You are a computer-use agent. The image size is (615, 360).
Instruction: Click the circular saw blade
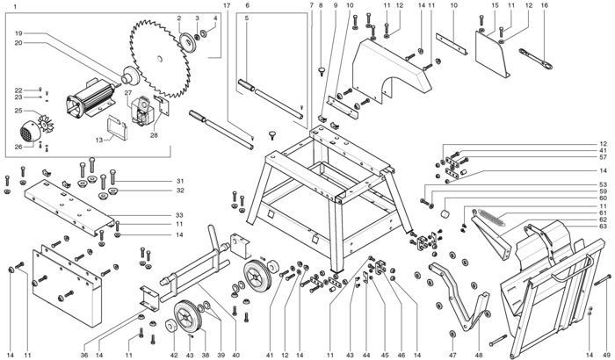click(x=160, y=59)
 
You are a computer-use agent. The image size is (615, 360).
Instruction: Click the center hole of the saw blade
click(x=159, y=59)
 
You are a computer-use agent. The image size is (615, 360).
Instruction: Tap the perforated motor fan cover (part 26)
click(x=30, y=131)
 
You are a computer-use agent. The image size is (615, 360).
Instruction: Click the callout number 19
click(x=18, y=33)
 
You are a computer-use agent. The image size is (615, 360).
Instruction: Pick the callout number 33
click(x=179, y=215)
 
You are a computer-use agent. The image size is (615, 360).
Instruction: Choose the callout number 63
click(x=604, y=227)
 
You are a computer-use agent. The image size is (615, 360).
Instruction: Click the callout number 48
click(x=479, y=356)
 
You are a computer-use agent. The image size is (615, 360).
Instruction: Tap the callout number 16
click(x=544, y=5)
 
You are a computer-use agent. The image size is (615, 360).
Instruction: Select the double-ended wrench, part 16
click(x=536, y=59)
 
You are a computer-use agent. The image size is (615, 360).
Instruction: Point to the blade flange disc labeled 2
click(x=187, y=43)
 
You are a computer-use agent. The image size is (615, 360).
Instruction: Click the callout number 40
click(x=235, y=356)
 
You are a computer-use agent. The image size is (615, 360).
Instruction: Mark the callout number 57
click(x=604, y=157)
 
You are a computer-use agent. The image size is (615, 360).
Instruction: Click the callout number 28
click(x=154, y=135)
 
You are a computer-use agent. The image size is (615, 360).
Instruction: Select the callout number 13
click(x=98, y=140)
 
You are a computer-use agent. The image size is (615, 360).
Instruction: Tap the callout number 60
click(x=604, y=198)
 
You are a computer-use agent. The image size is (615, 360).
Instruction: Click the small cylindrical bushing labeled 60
click(x=445, y=214)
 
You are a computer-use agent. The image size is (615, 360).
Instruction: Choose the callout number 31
click(x=180, y=181)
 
